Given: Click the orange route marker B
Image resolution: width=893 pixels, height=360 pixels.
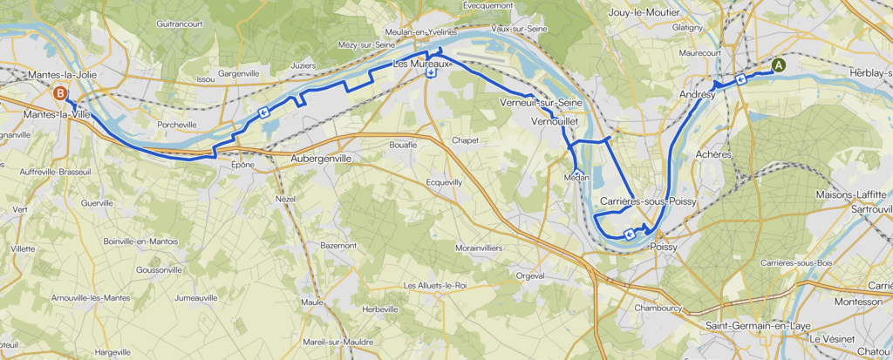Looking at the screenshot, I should pyautogui.click(x=59, y=93).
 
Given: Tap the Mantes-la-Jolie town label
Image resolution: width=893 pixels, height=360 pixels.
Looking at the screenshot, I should pyautogui.click(x=62, y=76).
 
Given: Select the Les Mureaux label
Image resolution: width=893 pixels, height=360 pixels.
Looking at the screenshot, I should pyautogui.click(x=421, y=64).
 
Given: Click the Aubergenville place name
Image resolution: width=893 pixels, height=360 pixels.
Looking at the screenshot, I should pyautogui.click(x=326, y=159).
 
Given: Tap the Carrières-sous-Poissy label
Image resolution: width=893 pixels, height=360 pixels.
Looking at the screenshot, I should pyautogui.click(x=647, y=201).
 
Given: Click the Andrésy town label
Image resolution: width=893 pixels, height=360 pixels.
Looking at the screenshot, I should pyautogui.click(x=697, y=95).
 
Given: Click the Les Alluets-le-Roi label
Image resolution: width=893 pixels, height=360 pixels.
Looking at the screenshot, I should pyautogui.click(x=435, y=285).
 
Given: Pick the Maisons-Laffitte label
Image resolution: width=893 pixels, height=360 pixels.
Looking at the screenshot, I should pyautogui.click(x=851, y=194).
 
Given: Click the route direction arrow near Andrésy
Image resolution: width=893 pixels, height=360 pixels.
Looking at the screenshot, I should pyautogui.click(x=740, y=79).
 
